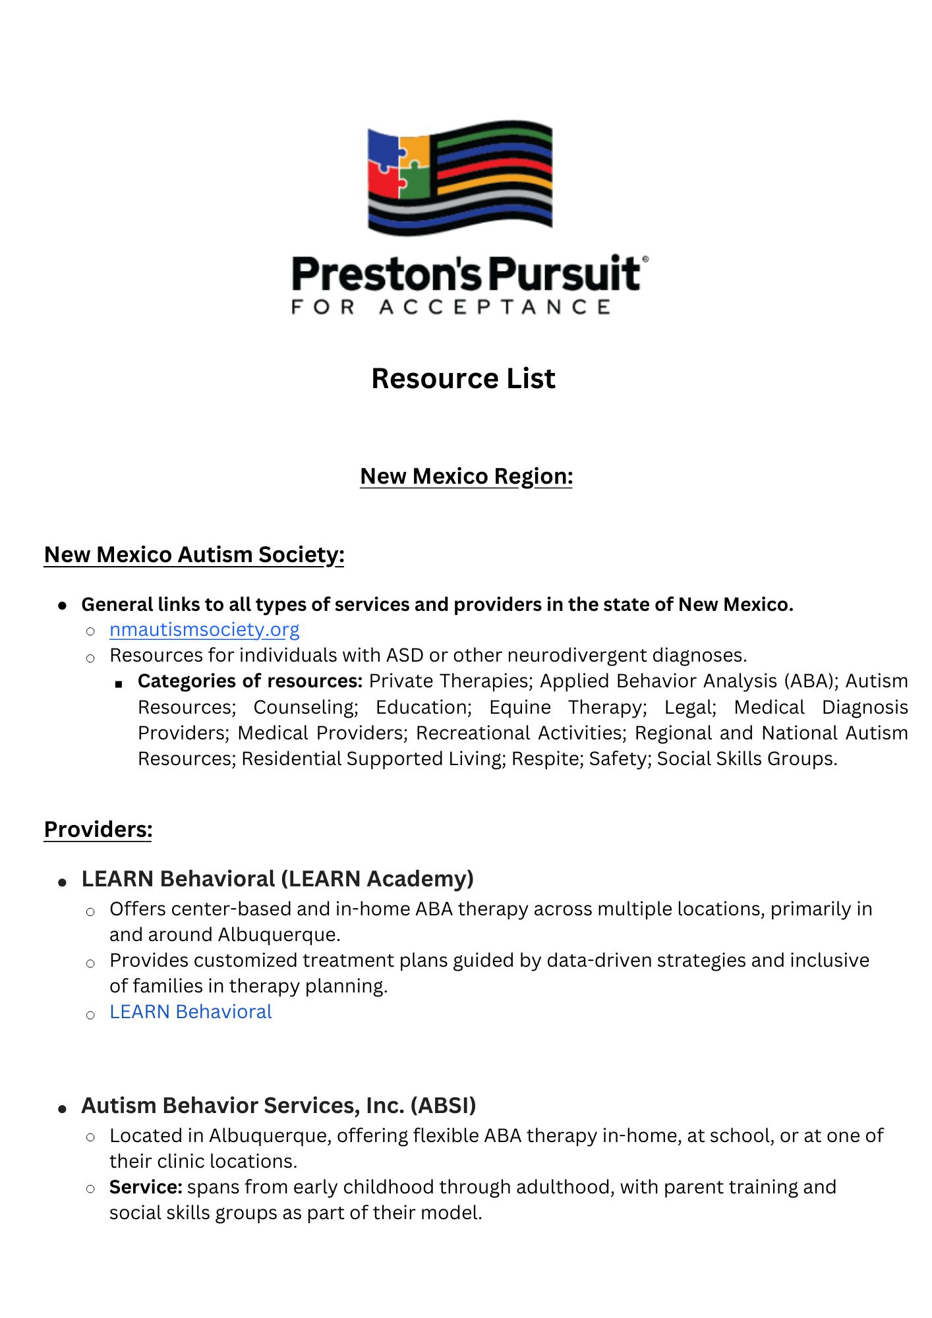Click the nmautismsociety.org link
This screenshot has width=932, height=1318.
(204, 630)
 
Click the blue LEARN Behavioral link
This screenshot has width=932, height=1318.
(190, 1012)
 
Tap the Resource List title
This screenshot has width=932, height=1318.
(463, 379)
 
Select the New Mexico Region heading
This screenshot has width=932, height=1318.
(466, 476)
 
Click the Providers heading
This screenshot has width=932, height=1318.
(98, 830)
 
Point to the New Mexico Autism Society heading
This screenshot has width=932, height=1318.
(194, 555)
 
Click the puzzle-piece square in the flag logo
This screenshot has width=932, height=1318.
(399, 166)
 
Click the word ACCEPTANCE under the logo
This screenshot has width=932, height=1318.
(494, 307)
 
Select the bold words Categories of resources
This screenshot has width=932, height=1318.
(250, 681)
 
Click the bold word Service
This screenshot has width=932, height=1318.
(146, 1187)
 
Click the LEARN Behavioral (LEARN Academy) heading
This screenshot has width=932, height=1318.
(277, 879)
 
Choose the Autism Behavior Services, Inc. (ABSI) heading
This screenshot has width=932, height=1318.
(279, 1106)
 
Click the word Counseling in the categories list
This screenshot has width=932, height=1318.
(305, 707)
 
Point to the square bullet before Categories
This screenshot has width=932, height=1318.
(119, 684)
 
